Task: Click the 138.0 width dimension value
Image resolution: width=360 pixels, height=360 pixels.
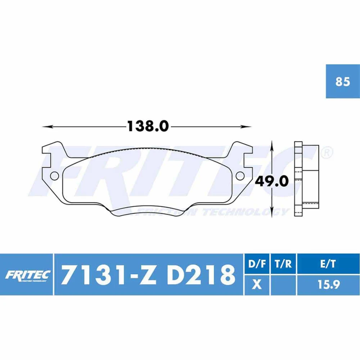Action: [x=148, y=126]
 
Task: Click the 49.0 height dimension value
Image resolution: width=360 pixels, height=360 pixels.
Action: [x=272, y=181]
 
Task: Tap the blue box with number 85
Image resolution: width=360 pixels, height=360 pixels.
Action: [x=343, y=81]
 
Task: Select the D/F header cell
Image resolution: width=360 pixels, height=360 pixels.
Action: [x=257, y=264]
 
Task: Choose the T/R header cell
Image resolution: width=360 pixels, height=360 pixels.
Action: [x=283, y=264]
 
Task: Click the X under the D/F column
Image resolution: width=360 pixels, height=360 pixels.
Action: [x=257, y=285]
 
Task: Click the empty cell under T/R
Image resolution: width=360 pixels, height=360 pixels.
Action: [x=283, y=285]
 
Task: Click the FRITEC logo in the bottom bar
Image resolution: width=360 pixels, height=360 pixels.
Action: [x=27, y=275]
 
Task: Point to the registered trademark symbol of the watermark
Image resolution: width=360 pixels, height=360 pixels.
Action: [x=326, y=152]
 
